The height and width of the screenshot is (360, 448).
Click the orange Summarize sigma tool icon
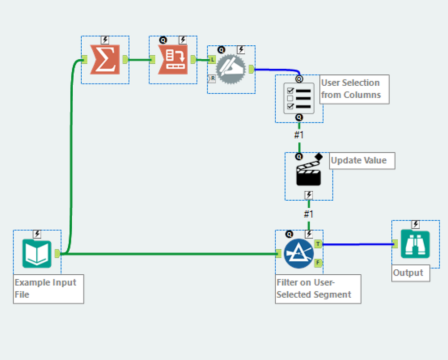105,59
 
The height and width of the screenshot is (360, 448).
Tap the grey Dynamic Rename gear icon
231,69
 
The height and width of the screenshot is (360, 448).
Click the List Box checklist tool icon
299,98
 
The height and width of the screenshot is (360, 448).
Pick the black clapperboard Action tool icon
309,174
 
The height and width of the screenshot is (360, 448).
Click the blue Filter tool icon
299,253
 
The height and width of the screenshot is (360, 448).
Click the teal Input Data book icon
37,253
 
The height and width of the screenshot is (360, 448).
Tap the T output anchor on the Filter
318,244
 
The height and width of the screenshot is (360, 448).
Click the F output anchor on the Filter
318,263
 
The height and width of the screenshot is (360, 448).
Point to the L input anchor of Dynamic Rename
211,59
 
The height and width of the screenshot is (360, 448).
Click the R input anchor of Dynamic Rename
211,79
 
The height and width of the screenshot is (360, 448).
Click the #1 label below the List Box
299,134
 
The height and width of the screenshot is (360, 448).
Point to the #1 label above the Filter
309,213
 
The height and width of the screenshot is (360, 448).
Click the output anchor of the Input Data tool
57,253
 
